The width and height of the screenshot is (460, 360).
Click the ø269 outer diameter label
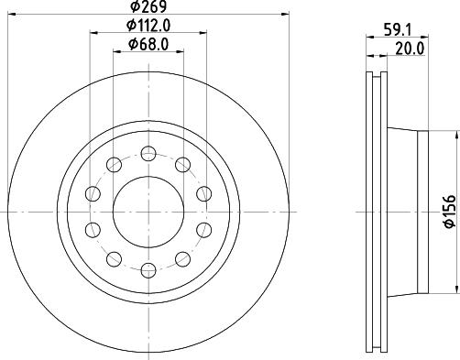tap(148, 7)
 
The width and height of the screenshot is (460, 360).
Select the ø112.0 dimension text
tap(148, 25)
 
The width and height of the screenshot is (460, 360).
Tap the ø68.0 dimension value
tap(148, 43)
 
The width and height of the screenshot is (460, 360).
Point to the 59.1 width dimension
tap(398, 27)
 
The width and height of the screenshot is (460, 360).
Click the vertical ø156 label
tap(448, 210)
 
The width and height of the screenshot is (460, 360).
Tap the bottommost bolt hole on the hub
tap(148, 268)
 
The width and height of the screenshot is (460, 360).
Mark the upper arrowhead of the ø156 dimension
tap(455, 134)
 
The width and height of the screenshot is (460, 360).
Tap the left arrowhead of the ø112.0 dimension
tap(93, 33)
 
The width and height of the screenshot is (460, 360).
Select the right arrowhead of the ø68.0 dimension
tap(180, 51)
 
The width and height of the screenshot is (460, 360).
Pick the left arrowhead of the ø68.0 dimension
tap(115, 51)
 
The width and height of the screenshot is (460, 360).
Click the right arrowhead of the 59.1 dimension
tap(427, 37)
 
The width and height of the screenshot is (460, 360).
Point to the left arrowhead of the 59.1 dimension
tap(369, 37)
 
